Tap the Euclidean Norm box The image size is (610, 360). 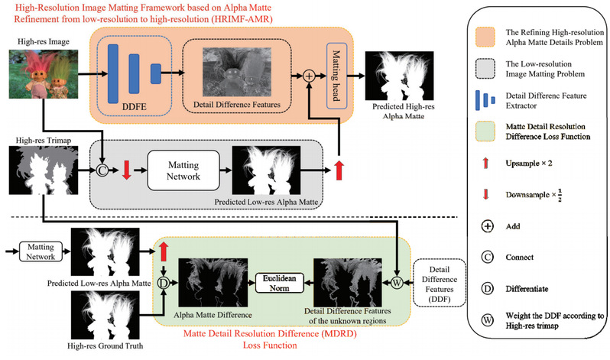tap(280, 281)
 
